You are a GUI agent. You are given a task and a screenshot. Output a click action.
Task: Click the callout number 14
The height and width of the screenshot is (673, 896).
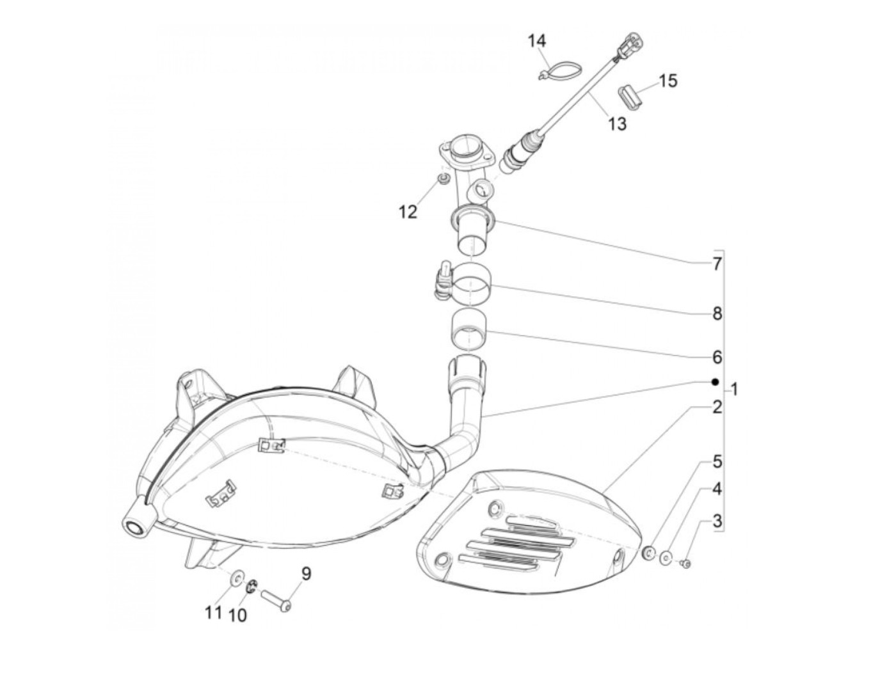click(x=537, y=42)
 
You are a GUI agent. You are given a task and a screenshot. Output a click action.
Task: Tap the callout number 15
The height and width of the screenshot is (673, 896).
click(x=668, y=81)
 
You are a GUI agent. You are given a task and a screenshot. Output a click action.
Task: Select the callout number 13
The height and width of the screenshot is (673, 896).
click(x=617, y=123)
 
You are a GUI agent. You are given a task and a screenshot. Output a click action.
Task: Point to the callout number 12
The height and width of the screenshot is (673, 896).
click(x=408, y=211)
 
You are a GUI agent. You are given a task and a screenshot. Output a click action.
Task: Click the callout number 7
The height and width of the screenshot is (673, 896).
click(x=717, y=264)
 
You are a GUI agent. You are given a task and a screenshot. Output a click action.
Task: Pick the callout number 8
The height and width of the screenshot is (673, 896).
click(x=717, y=313)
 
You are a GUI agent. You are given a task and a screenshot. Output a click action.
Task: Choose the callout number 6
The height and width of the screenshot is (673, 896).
click(x=717, y=356)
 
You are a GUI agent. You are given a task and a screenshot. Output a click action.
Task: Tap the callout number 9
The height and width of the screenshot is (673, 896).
click(x=307, y=574)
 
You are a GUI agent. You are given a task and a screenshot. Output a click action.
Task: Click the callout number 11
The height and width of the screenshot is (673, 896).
click(x=213, y=612)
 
